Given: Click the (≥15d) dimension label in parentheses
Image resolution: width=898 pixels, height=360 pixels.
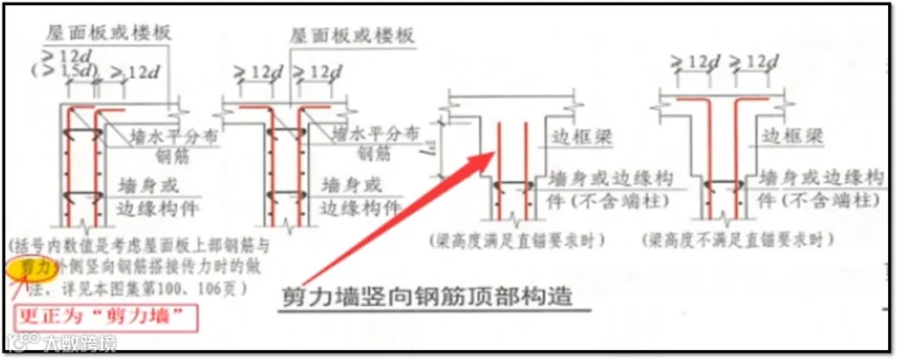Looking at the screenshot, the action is point(52,71).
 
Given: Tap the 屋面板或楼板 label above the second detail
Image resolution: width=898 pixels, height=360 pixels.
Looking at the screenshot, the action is point(352,36).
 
